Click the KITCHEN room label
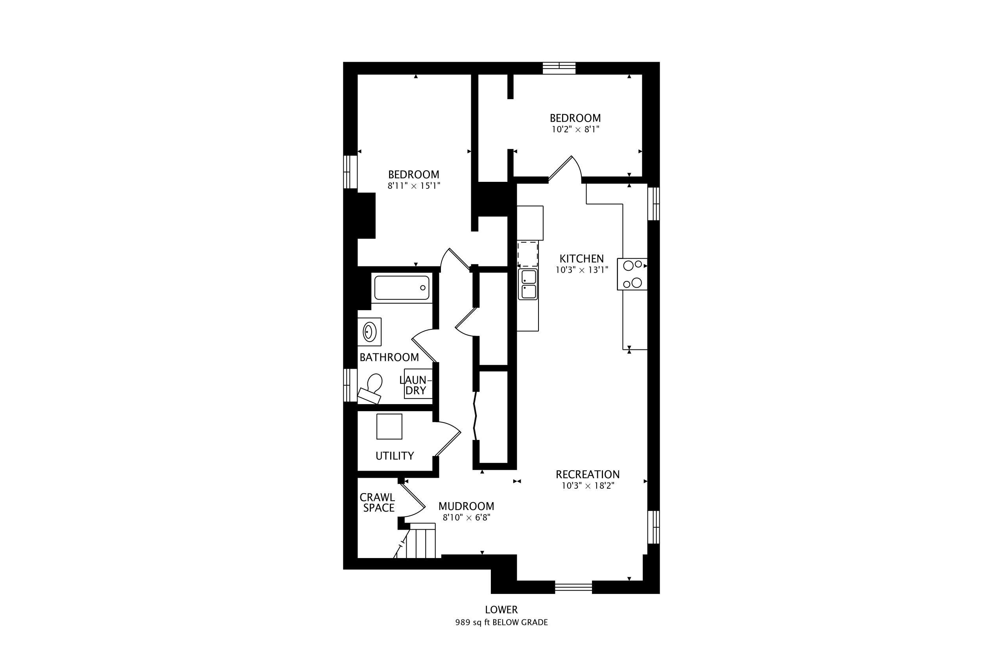581,259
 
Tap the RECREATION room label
587,474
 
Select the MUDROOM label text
466,506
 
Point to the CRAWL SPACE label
378,502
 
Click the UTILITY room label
395,456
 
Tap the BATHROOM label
389,357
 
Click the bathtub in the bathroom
402,288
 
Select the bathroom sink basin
369,331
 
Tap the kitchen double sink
527,284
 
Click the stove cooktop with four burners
632,274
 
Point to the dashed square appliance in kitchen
527,254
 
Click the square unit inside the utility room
389,426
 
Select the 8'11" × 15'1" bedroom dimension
414,186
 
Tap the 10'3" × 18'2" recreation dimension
588,486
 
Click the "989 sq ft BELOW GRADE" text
501,622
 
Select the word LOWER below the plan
501,610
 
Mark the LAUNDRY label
416,385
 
